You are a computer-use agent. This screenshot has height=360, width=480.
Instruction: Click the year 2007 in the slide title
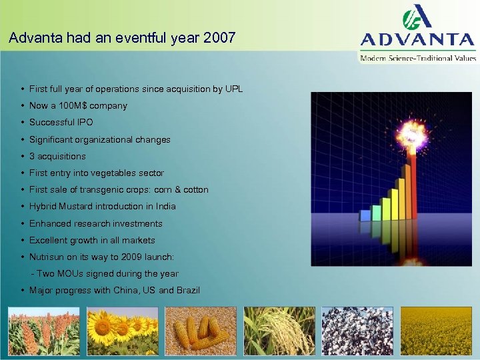coord(221,38)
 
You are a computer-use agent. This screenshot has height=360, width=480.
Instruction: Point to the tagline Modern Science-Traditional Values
coord(418,58)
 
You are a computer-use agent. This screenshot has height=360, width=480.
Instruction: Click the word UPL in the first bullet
coord(233,89)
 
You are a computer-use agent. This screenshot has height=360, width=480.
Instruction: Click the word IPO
coord(85,123)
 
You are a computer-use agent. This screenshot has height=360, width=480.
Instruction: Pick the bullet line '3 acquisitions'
coord(57,156)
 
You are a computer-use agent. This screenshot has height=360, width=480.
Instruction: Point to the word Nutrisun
coord(47,257)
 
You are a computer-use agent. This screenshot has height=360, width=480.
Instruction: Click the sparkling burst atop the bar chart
coord(410,137)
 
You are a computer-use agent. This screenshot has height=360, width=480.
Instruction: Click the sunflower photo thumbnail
coord(122,331)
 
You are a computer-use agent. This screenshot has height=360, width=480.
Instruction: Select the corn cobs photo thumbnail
coord(200,331)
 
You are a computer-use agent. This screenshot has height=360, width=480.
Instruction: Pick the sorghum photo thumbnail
coord(43,331)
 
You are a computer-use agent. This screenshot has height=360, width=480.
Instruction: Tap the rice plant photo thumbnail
coord(279,331)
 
